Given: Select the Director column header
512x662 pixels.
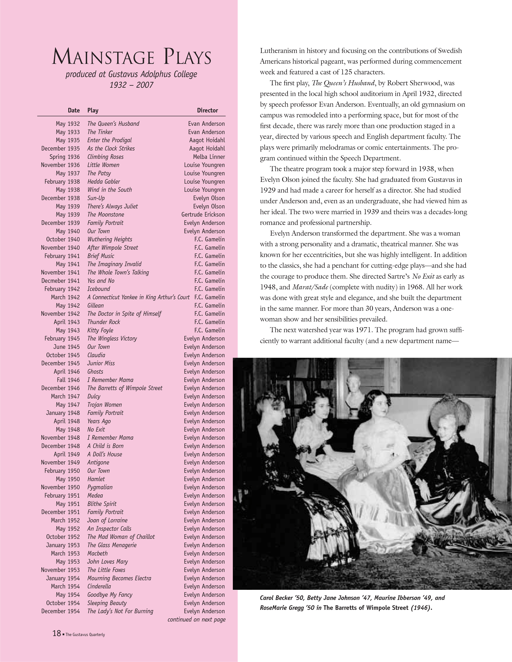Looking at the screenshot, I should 207,110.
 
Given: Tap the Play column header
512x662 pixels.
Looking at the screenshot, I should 93,110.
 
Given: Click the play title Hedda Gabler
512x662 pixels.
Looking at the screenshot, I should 104,182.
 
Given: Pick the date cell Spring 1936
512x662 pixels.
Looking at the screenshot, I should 65,157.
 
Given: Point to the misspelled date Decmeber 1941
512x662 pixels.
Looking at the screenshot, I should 61,281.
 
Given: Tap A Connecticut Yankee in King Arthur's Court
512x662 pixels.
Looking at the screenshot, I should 138,297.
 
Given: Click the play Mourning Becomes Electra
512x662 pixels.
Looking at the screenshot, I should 119,578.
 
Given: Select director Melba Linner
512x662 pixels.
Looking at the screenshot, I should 209,157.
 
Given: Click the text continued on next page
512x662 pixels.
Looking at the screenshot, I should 196,620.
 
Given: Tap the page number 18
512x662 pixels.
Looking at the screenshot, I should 57,633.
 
